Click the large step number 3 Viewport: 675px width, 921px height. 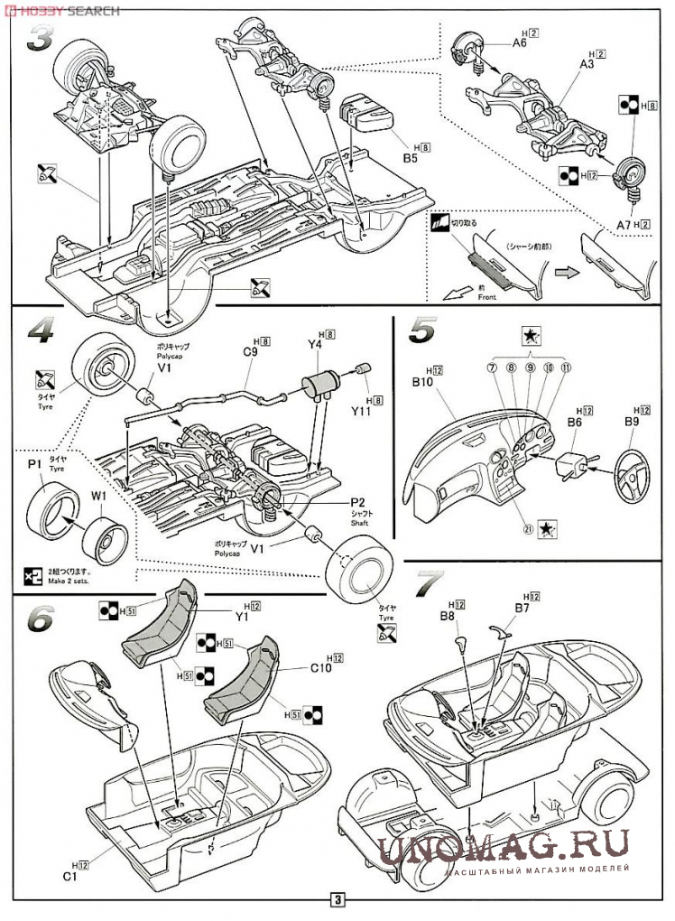click(x=43, y=38)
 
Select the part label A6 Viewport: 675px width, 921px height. click(x=520, y=42)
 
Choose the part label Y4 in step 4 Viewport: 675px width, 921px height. click(x=315, y=344)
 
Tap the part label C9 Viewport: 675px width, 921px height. click(x=251, y=353)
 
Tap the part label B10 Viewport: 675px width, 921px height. click(x=422, y=382)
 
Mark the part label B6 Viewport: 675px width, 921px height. click(x=574, y=421)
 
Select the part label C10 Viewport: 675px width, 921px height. click(x=322, y=668)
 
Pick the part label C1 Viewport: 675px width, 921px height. click(x=69, y=877)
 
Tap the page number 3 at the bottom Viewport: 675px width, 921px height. click(x=337, y=899)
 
